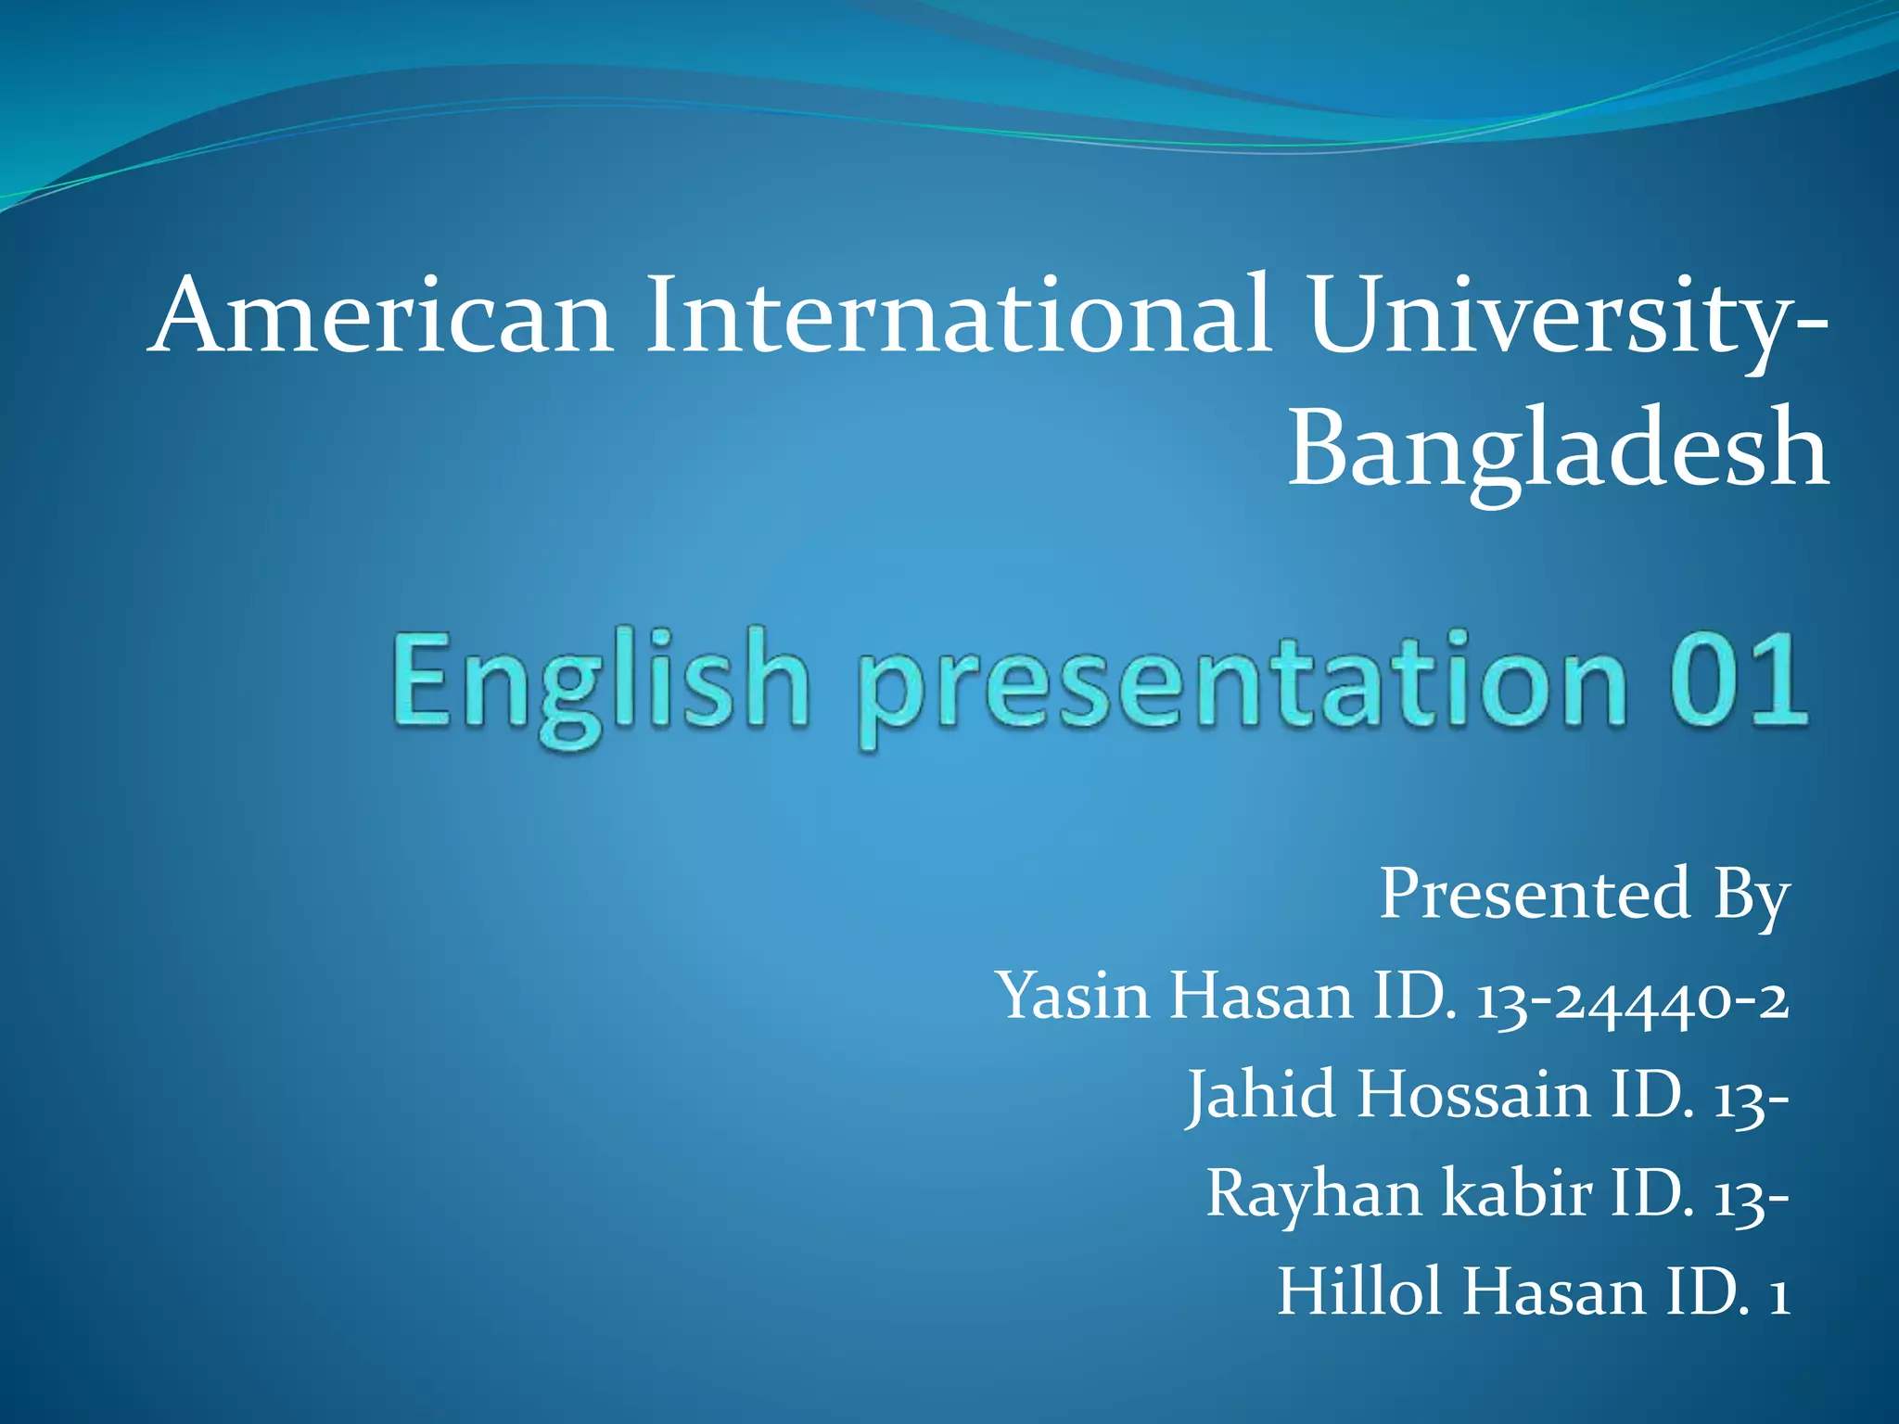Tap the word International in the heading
click(x=956, y=316)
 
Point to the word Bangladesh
click(x=1557, y=451)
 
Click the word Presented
click(x=1536, y=895)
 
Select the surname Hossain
click(x=1473, y=1095)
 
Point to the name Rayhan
click(x=1313, y=1194)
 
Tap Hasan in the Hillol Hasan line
click(x=1552, y=1292)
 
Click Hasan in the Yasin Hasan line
click(x=1260, y=997)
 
